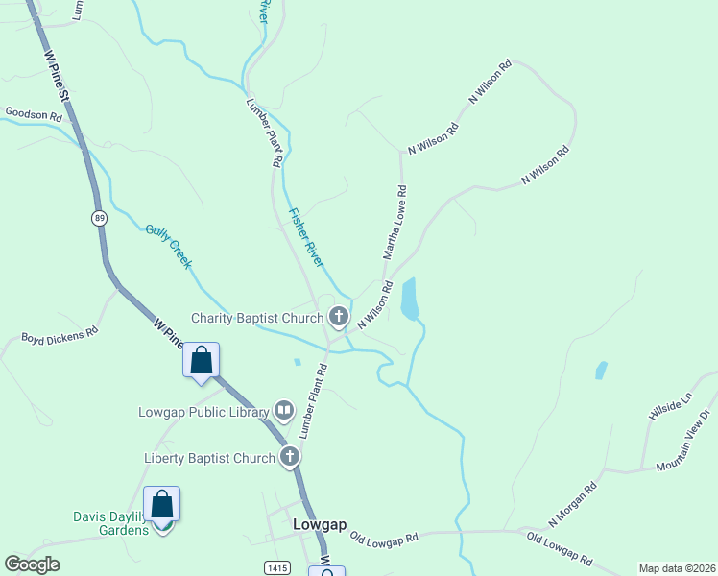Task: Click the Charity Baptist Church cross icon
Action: [x=338, y=316]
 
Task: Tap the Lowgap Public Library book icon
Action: [x=284, y=412]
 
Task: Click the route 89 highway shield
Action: [x=100, y=219]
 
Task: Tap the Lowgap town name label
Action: [x=315, y=525]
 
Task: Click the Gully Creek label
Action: [x=170, y=246]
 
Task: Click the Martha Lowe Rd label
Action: [x=395, y=224]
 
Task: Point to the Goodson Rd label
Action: [x=34, y=113]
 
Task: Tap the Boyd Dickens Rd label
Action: [x=60, y=336]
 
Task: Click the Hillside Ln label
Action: [x=670, y=411]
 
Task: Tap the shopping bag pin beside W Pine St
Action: [x=202, y=361]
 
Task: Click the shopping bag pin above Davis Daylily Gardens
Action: [x=162, y=505]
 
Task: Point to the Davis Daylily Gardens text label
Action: [x=110, y=523]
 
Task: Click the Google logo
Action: [x=32, y=564]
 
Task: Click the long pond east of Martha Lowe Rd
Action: [x=410, y=298]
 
